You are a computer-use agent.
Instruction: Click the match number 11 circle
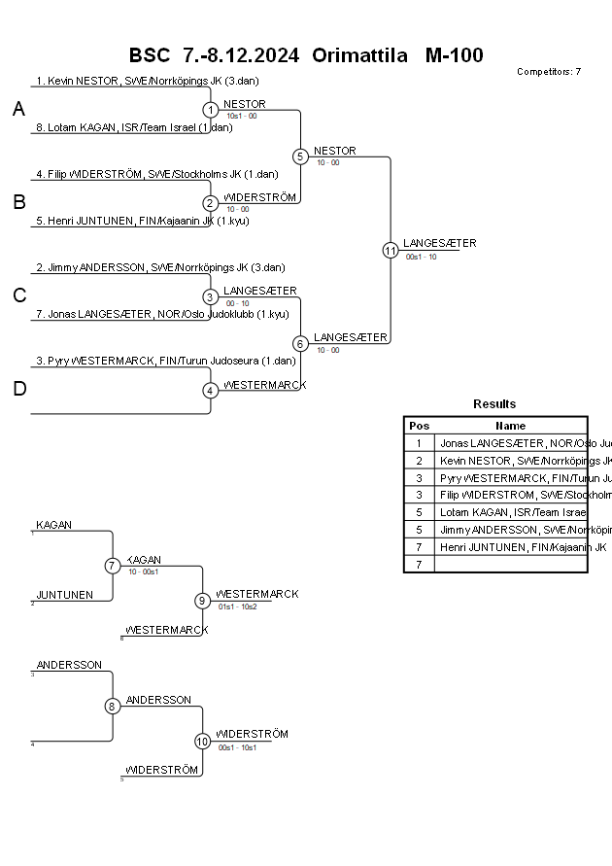(391, 250)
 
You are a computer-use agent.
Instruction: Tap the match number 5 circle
(300, 156)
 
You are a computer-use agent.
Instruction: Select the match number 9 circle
(203, 601)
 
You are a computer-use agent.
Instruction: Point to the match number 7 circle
(113, 566)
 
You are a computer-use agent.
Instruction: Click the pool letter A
(18, 110)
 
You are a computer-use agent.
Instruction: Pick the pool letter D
(18, 390)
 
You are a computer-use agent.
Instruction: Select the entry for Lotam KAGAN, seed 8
(133, 127)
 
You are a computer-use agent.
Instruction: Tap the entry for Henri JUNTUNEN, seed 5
(138, 221)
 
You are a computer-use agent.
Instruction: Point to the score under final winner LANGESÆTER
(421, 257)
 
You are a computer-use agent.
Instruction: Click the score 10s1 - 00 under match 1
(242, 116)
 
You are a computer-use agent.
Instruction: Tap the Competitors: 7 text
(549, 71)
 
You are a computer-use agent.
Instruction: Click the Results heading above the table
(494, 404)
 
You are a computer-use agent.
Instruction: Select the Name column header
(510, 426)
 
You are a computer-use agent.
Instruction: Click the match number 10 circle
(203, 741)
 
